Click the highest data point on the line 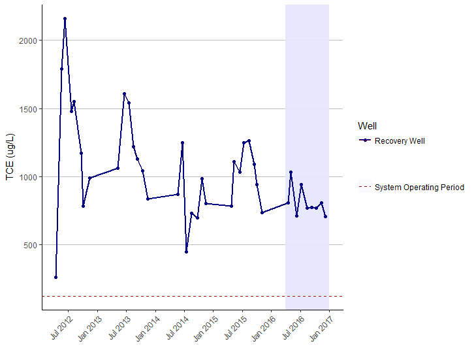pyautogui.click(x=65, y=19)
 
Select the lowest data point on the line pyautogui.click(x=55, y=277)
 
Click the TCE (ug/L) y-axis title pyautogui.click(x=10, y=157)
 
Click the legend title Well pyautogui.click(x=367, y=126)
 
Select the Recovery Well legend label pyautogui.click(x=400, y=141)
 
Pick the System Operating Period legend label pyautogui.click(x=419, y=188)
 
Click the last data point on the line pyautogui.click(x=325, y=216)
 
